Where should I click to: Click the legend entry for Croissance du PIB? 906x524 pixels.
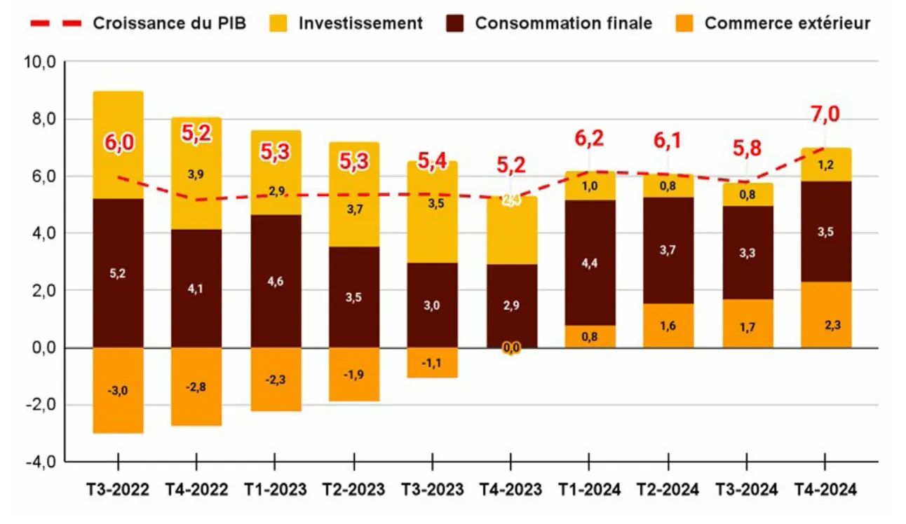tap(137, 23)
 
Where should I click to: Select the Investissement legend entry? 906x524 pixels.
tap(346, 23)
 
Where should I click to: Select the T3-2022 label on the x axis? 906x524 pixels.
tap(119, 490)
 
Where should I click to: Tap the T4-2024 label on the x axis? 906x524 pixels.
tap(825, 490)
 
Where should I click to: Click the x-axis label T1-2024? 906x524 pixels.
tap(590, 490)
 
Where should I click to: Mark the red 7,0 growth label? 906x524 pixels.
tap(825, 114)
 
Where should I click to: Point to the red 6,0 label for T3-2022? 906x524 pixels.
tap(119, 143)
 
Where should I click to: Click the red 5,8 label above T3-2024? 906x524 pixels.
tap(747, 149)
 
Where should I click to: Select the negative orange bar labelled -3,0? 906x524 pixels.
tap(119, 390)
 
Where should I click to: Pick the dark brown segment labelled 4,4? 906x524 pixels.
tap(590, 263)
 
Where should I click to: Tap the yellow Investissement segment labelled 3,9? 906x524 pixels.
tap(197, 173)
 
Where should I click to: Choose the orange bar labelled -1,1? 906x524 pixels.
tap(433, 363)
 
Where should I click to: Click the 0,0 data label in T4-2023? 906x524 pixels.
tap(512, 348)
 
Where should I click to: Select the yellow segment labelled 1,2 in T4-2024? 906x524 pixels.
tap(826, 165)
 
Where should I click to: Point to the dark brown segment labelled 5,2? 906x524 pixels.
tap(119, 273)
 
